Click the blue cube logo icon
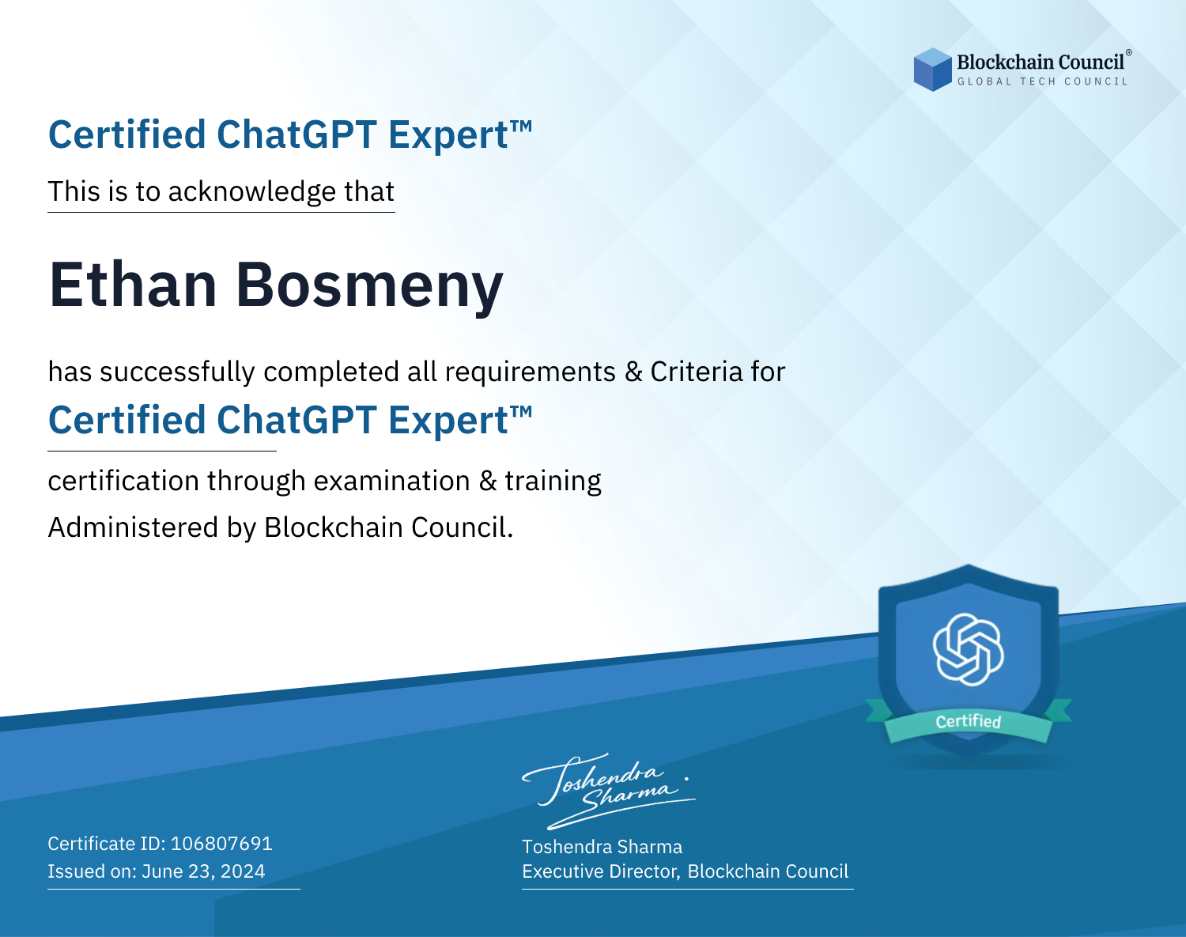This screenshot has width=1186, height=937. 932,70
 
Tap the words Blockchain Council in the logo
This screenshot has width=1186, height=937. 1041,62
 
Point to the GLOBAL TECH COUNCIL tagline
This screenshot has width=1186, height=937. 1043,81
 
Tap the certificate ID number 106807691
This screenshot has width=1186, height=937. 221,843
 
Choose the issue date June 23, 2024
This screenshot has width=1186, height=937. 203,871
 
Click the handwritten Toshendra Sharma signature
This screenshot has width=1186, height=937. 609,792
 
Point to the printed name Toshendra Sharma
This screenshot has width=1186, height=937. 602,847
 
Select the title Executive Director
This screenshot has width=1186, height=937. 599,871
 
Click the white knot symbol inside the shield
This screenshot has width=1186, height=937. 969,649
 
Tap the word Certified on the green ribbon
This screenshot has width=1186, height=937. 969,721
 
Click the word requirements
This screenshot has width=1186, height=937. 531,372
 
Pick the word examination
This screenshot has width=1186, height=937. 392,481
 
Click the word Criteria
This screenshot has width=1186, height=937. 697,372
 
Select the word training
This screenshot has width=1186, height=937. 553,482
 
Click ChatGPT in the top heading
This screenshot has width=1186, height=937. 296,134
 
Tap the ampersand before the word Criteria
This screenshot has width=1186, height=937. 633,372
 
